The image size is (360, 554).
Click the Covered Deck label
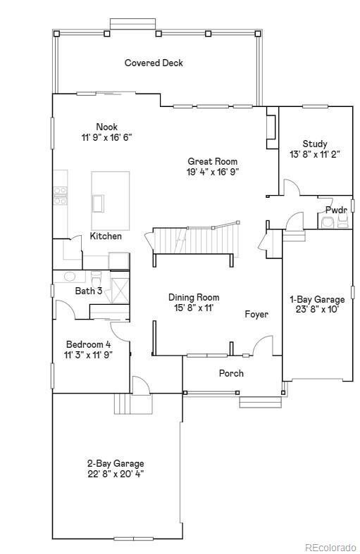(154, 63)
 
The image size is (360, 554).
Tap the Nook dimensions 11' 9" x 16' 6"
(107, 137)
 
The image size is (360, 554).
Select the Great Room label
(213, 161)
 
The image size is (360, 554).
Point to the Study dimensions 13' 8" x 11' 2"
(315, 154)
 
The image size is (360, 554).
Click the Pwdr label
(336, 210)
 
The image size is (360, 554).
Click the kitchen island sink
(98, 203)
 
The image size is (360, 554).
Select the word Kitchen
(106, 236)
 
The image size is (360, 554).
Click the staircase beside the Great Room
(193, 240)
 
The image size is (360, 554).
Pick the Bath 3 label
(89, 291)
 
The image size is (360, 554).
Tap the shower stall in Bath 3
(120, 287)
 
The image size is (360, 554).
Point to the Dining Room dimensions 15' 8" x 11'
(194, 308)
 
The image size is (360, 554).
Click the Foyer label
(256, 314)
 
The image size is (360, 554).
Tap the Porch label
(231, 373)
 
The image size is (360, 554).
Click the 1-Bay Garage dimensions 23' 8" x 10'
(317, 310)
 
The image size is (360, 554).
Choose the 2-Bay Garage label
(116, 463)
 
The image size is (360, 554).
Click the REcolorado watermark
(330, 547)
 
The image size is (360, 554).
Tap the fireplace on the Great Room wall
(271, 127)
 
